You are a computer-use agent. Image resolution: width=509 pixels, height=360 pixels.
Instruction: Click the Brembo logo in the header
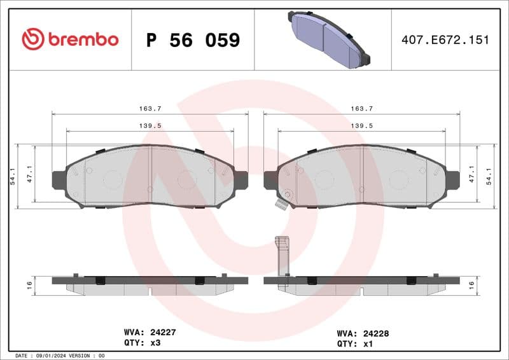70,39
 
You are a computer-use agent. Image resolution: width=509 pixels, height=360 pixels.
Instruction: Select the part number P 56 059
193,40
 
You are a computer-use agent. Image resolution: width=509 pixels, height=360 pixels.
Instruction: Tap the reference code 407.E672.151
445,39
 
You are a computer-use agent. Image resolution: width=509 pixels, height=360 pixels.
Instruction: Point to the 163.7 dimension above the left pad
150,109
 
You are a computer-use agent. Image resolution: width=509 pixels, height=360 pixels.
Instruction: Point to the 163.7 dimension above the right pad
361,109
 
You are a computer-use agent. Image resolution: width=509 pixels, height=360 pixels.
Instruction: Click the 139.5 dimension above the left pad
150,126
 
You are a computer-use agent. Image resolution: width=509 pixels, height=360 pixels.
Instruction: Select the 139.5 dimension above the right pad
361,126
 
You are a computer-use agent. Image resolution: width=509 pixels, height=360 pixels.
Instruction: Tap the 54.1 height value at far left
12,176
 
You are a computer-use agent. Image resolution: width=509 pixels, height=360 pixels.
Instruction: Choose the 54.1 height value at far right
489,176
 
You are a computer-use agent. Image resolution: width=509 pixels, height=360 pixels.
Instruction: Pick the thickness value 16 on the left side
29,286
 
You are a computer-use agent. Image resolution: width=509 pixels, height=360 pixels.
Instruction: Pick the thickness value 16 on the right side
471,286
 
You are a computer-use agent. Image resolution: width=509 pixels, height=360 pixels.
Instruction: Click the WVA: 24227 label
150,331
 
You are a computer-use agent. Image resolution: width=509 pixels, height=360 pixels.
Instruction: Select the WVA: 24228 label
363,332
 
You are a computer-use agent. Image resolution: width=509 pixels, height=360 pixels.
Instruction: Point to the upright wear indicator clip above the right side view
282,254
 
